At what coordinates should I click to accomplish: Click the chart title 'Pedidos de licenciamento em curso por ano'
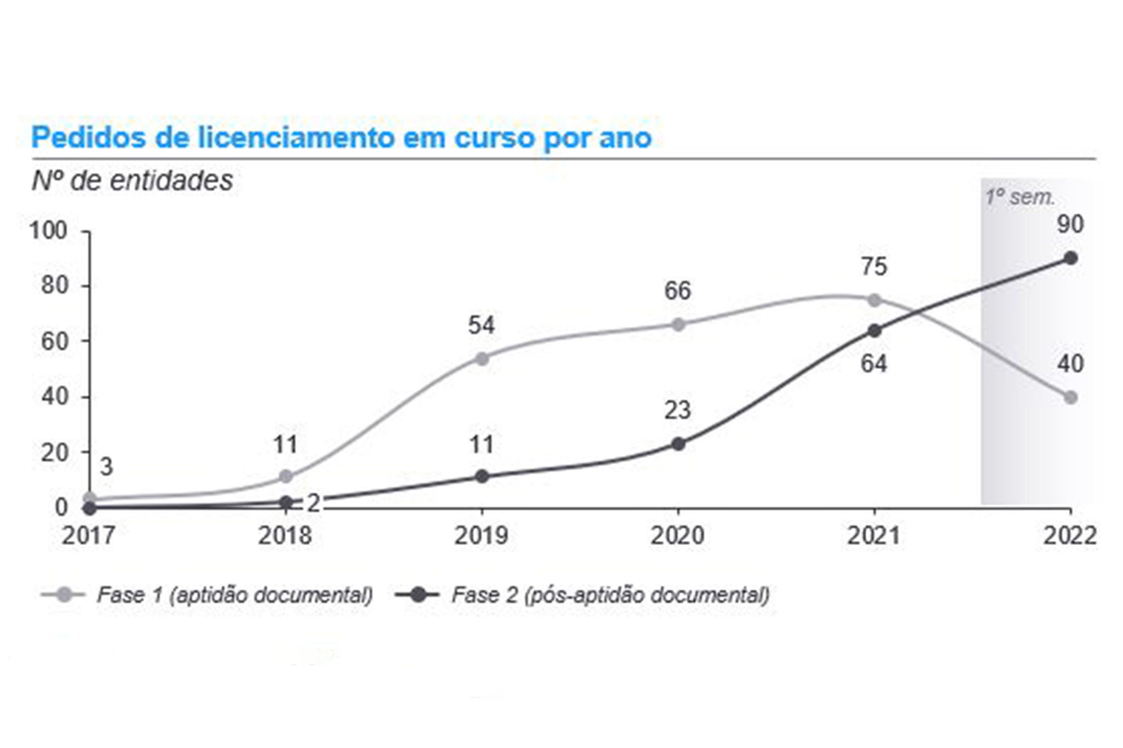(341, 137)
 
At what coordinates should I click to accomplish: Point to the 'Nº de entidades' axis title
(132, 181)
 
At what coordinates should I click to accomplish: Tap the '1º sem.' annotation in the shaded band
(1019, 197)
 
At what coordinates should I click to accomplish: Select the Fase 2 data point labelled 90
(1070, 258)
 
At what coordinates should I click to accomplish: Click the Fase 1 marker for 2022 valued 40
(1070, 397)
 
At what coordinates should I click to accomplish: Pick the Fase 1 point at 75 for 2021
(874, 300)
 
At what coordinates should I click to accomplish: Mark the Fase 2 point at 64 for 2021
(874, 331)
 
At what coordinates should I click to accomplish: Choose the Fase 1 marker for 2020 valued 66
(678, 324)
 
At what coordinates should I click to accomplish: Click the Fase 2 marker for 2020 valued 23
(678, 444)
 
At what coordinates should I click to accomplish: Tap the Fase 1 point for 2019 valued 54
(482, 358)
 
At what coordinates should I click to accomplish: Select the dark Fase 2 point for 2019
(482, 476)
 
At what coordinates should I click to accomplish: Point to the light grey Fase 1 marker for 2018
(286, 476)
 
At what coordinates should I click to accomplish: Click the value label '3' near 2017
(106, 467)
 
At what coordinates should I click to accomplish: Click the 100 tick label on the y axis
(48, 231)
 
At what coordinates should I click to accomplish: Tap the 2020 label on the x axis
(678, 535)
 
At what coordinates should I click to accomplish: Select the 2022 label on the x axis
(1069, 535)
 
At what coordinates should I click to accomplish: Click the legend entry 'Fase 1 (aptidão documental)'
(235, 595)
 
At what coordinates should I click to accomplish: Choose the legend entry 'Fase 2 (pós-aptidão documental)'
(610, 595)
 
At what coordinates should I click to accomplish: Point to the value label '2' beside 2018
(313, 503)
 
